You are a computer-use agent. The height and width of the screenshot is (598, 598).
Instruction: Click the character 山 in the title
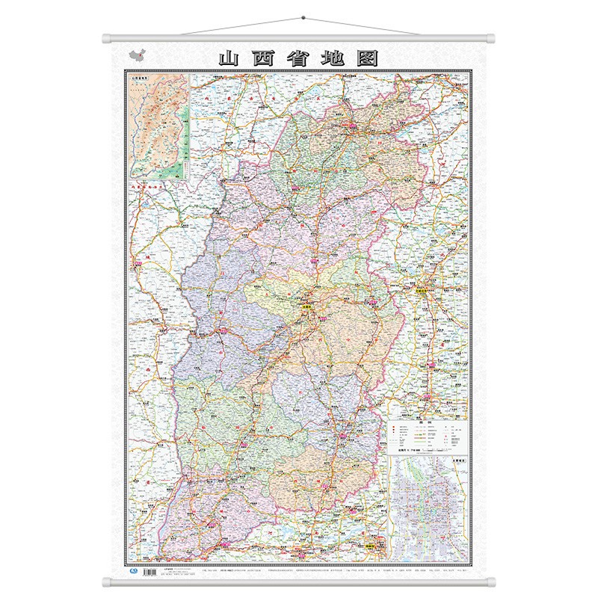pyautogui.click(x=226, y=58)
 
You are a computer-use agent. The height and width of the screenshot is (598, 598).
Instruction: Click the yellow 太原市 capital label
pyautogui.click(x=309, y=305)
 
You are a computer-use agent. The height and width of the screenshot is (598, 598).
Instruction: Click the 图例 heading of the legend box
pyautogui.click(x=428, y=422)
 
